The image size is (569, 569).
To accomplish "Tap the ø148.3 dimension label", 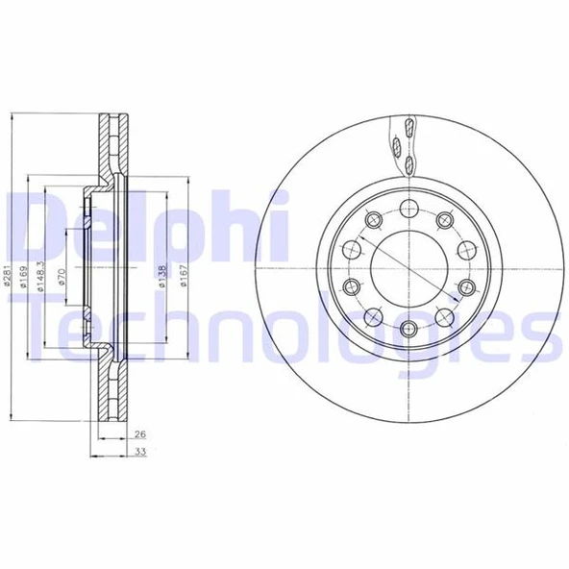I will pos(42,278).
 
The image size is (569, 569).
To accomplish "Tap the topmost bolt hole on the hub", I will pos(407,206).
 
